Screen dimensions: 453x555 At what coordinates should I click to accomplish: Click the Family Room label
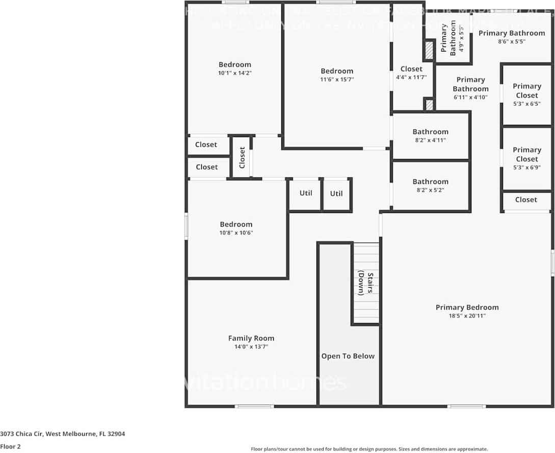click(x=251, y=338)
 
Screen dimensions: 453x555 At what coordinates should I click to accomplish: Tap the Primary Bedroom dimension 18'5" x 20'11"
click(x=467, y=316)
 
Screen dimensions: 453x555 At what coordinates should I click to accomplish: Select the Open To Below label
click(x=348, y=356)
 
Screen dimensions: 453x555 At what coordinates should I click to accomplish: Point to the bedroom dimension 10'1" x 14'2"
click(x=235, y=73)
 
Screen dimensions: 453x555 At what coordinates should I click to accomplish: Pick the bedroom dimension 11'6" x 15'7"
click(x=336, y=79)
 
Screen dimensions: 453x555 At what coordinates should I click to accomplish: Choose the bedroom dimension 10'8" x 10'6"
click(x=236, y=233)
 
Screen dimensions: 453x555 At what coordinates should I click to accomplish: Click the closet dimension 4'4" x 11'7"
click(x=411, y=77)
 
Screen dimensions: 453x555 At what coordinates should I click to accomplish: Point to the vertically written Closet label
click(x=242, y=157)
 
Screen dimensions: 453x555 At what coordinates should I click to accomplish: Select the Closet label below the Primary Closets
click(x=526, y=200)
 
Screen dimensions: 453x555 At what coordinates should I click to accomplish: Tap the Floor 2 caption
click(x=11, y=446)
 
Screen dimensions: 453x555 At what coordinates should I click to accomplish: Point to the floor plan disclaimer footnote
click(x=369, y=449)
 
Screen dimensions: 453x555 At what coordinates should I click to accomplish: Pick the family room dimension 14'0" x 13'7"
click(x=251, y=347)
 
